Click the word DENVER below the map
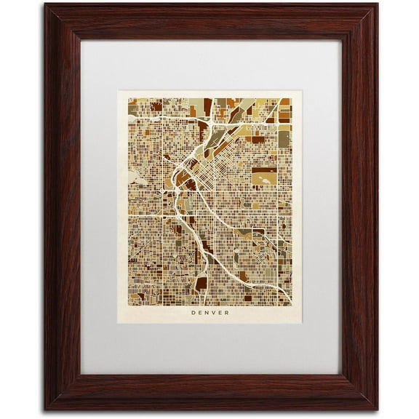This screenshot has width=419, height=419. click(x=210, y=314)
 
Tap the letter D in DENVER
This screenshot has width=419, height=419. click(x=194, y=314)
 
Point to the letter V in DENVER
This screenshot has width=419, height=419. click(x=213, y=314)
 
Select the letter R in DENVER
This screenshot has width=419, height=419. click(x=226, y=314)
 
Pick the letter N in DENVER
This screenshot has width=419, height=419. click(x=207, y=314)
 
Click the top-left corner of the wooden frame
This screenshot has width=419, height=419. click(x=44, y=5)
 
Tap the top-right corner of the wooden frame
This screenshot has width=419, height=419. click(x=377, y=5)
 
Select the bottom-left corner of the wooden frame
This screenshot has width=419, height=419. click(x=44, y=410)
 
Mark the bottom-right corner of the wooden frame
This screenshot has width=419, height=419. click(x=377, y=410)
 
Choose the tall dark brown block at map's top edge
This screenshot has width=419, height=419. click(x=207, y=106)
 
